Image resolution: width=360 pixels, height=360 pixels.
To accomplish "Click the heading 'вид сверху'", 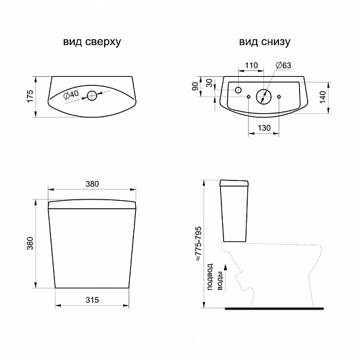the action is [92, 42].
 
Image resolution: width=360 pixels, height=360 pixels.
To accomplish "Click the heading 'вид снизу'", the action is [265, 42].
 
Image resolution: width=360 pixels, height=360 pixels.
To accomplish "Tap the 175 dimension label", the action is [30, 96].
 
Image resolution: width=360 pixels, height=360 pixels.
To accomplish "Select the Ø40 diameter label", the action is [71, 95].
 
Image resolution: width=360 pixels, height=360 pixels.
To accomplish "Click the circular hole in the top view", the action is [92, 95].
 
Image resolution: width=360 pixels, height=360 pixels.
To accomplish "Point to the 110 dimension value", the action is [251, 66].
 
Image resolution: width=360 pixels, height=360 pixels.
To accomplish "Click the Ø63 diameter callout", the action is [284, 65].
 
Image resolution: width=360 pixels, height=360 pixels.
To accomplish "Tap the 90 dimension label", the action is [195, 87].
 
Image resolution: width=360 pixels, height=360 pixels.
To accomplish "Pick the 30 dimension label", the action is [210, 83].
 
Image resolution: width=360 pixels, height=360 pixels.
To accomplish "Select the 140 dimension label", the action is [323, 97].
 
